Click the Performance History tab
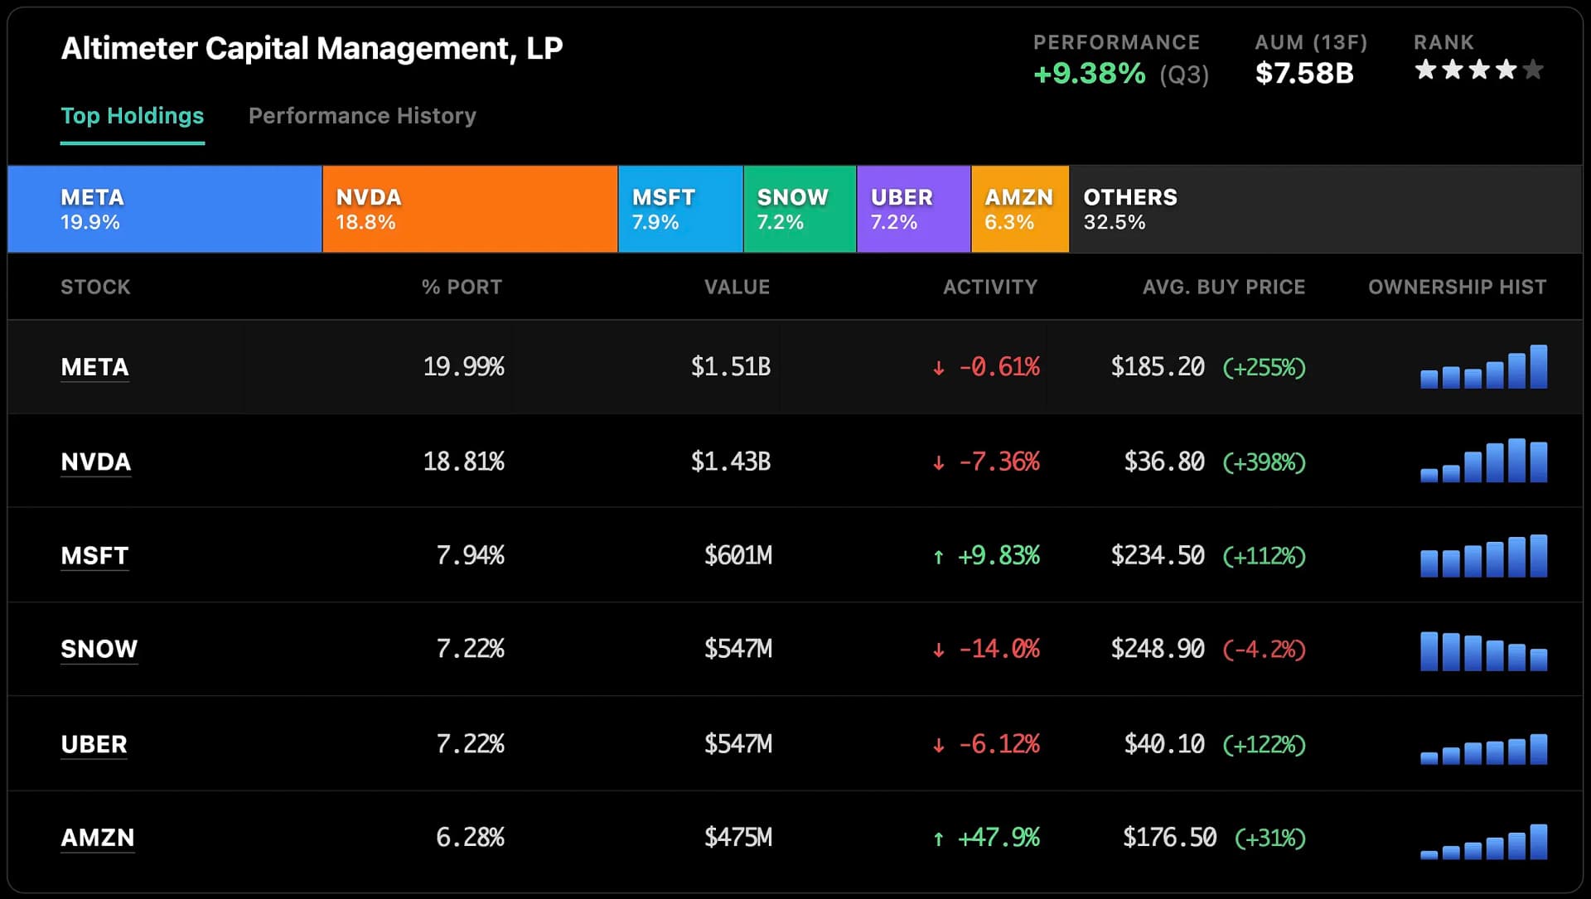point(362,116)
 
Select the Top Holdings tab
point(133,116)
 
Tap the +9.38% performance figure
point(1089,74)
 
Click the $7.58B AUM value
point(1303,74)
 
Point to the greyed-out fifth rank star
point(1534,70)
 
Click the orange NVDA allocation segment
point(470,209)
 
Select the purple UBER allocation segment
point(913,209)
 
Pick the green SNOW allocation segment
point(799,209)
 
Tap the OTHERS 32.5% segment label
point(1129,209)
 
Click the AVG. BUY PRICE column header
point(1223,287)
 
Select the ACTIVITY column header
point(989,287)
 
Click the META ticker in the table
point(94,367)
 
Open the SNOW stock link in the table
point(99,649)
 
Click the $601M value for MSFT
point(737,555)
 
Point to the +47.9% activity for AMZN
point(998,838)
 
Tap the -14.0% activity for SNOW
point(998,649)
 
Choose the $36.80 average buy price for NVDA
point(1163,462)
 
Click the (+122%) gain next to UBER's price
point(1264,744)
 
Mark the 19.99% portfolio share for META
point(463,367)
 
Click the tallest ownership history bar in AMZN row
point(1538,842)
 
